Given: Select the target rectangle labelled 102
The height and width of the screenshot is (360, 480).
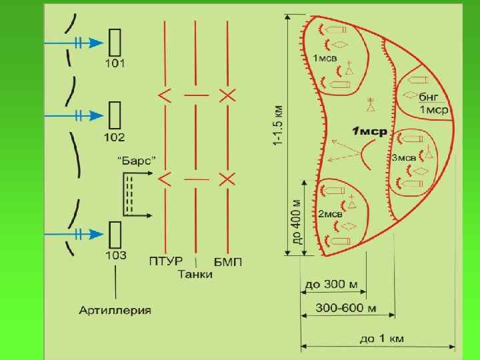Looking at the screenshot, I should [x=115, y=115].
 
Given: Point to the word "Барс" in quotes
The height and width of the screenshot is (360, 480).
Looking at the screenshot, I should [x=137, y=161].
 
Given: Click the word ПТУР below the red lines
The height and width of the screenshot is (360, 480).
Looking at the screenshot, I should [x=163, y=261].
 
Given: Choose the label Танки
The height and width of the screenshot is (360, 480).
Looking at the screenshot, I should [x=196, y=274].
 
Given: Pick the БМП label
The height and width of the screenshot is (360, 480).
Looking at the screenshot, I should [x=228, y=261].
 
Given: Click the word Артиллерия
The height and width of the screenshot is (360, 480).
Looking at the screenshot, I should [x=115, y=310].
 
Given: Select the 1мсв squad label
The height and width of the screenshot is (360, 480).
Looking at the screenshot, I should [x=325, y=59].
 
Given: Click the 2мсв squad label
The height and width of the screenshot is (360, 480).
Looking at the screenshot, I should [x=330, y=214].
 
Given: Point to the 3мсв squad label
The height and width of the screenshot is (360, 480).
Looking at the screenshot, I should [x=403, y=158].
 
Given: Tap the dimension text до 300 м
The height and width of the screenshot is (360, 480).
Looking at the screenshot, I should [x=331, y=285].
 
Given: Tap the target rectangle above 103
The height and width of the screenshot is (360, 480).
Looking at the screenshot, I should [x=115, y=233].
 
